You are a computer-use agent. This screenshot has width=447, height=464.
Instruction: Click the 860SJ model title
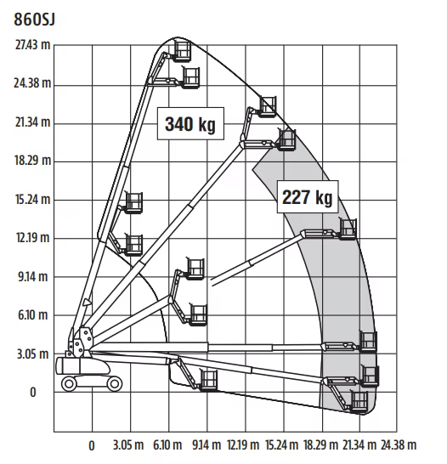(x=35, y=20)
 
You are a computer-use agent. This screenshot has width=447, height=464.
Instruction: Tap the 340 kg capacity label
(x=190, y=124)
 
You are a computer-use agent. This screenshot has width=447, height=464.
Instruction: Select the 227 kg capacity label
(x=308, y=197)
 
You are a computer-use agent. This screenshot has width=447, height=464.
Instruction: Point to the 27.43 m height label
(x=33, y=45)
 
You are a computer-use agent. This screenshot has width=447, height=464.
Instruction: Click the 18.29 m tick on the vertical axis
(x=33, y=161)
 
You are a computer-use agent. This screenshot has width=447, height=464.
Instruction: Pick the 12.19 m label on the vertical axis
(x=32, y=238)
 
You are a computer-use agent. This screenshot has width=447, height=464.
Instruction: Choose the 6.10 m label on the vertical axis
(x=33, y=315)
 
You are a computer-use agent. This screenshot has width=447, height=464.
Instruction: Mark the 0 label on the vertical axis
(x=33, y=393)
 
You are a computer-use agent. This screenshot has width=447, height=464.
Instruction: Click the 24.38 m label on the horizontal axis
(x=399, y=444)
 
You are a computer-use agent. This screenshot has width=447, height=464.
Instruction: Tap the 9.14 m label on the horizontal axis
(x=207, y=444)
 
